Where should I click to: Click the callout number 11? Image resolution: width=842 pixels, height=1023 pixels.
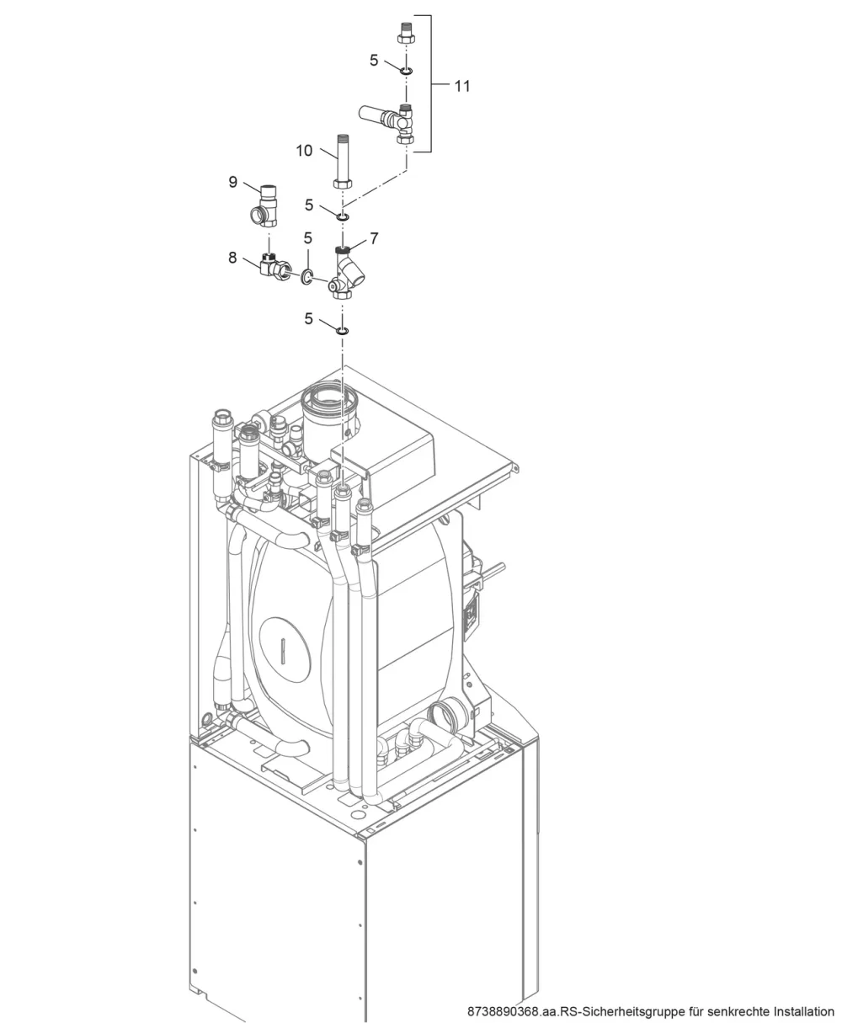pos(462,86)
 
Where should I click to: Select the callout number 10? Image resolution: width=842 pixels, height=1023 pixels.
pos(304,151)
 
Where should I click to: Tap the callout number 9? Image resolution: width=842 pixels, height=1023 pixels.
pos(232,182)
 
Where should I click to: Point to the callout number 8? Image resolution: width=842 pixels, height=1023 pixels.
pos(232,257)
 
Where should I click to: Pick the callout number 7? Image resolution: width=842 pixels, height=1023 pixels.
pos(374,238)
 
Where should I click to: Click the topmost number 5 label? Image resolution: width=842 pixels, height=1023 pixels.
pos(374,60)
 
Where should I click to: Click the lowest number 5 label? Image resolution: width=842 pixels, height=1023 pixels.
pos(308,318)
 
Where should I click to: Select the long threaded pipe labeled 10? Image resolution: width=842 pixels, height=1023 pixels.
pos(344,161)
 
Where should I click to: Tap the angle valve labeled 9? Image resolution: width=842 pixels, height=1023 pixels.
pos(264,205)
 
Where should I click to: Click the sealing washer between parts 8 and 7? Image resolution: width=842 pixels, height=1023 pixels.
pos(306,277)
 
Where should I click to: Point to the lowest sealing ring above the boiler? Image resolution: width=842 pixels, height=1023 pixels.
pos(343,331)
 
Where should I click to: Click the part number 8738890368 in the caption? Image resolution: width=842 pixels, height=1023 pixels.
pos(503,1012)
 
